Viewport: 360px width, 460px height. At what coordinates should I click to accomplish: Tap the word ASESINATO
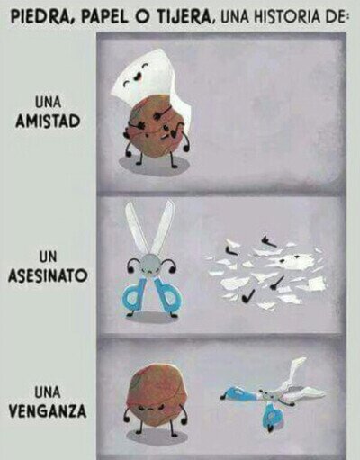48,275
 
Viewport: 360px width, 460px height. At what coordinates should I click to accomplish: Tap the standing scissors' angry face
150,267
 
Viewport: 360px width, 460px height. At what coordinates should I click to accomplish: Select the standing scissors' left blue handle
136,295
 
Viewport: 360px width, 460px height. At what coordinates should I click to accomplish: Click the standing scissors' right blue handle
167,295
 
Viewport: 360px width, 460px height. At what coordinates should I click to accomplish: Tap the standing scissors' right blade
163,228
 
